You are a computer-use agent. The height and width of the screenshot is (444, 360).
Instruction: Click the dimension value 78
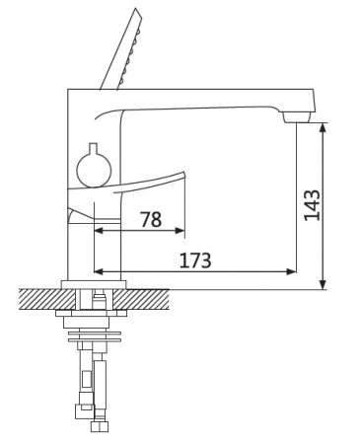pos(151,219)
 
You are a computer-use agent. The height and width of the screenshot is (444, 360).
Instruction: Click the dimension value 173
pos(195,260)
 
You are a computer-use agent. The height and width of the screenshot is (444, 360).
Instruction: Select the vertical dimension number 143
pos(312,205)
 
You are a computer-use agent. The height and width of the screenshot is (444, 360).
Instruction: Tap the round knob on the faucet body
pos(94,170)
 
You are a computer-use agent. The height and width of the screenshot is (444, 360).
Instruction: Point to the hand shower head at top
pos(122,49)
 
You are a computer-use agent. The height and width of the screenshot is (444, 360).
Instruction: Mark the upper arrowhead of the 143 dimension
pos(324,128)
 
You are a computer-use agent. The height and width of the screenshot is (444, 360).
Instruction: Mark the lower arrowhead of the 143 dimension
pos(324,284)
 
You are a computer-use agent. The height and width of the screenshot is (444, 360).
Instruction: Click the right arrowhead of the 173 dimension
pos(292,271)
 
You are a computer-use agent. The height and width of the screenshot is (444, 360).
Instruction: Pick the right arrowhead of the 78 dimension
pos(180,231)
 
